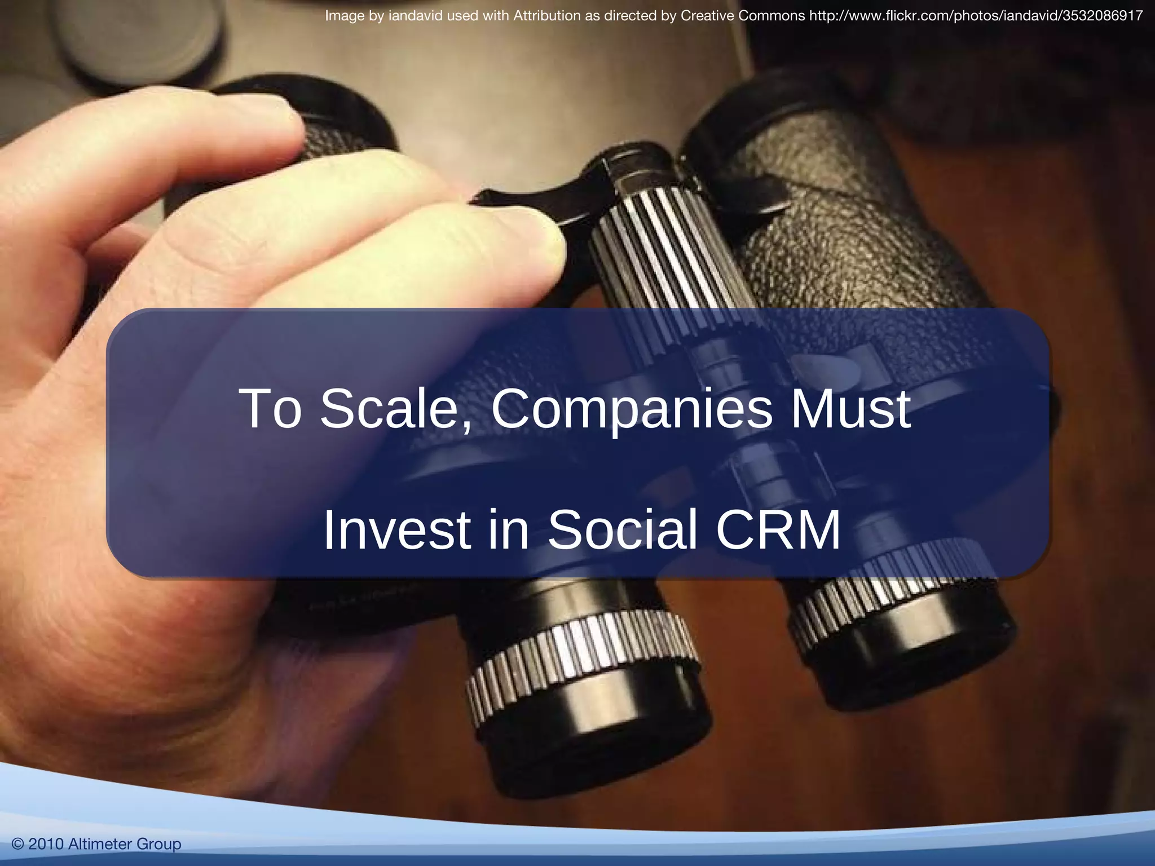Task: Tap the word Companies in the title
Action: click(631, 409)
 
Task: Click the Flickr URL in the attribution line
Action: click(976, 16)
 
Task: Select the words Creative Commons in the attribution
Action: click(743, 16)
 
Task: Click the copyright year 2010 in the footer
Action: click(46, 844)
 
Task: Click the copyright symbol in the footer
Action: click(17, 844)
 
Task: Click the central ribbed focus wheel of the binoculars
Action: click(660, 248)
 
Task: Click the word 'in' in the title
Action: click(508, 529)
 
